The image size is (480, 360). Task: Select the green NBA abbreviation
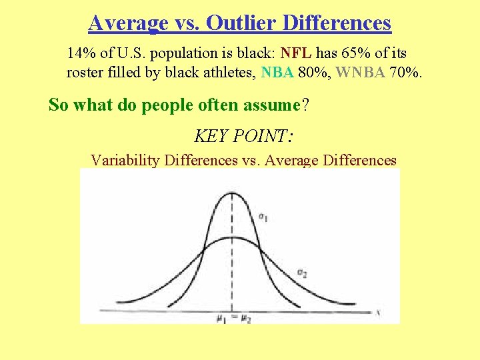[278, 72]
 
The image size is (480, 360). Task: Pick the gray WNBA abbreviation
[360, 72]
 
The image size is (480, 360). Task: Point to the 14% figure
[79, 53]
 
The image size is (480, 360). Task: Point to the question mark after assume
[305, 105]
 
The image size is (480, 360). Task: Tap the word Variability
[125, 161]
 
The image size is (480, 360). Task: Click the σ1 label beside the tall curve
[263, 217]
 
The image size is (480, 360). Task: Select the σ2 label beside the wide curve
[301, 273]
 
